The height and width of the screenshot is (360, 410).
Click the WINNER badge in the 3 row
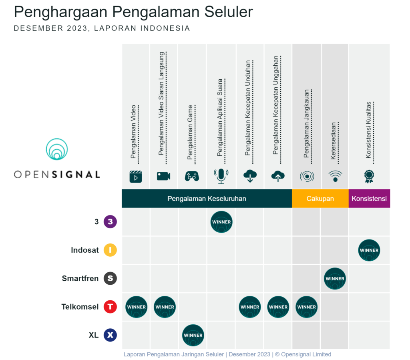[221, 222]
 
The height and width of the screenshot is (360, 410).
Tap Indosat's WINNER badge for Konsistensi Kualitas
[369, 250]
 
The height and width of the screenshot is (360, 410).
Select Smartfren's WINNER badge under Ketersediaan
[335, 279]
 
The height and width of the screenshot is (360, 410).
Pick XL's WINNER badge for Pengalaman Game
[193, 335]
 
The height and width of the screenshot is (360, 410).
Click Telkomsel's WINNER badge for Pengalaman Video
[136, 307]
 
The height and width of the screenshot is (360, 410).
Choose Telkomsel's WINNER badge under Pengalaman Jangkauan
[306, 307]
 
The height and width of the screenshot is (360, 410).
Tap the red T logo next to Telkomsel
[110, 307]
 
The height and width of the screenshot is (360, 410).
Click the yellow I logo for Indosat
[110, 250]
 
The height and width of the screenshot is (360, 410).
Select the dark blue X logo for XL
[110, 335]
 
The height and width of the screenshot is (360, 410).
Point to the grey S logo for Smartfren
[110, 278]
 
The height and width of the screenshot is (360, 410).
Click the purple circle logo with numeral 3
[110, 222]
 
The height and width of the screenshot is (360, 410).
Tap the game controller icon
[192, 176]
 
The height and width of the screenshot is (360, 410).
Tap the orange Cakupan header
[320, 199]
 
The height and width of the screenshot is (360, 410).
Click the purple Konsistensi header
[369, 199]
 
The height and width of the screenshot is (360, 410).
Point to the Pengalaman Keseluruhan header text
[207, 199]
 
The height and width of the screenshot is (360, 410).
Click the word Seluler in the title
[229, 12]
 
